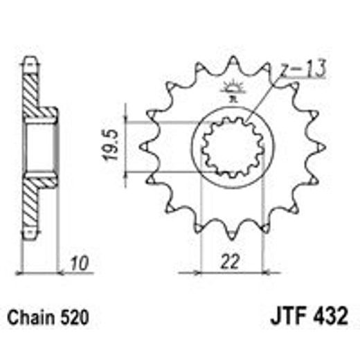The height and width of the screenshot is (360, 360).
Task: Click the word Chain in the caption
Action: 28,319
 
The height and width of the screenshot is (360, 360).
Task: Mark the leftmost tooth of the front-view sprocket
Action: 145,146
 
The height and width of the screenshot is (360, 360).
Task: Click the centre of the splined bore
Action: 233,147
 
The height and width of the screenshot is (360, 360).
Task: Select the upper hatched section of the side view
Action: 32,90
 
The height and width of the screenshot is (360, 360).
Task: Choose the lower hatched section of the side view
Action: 32,204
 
